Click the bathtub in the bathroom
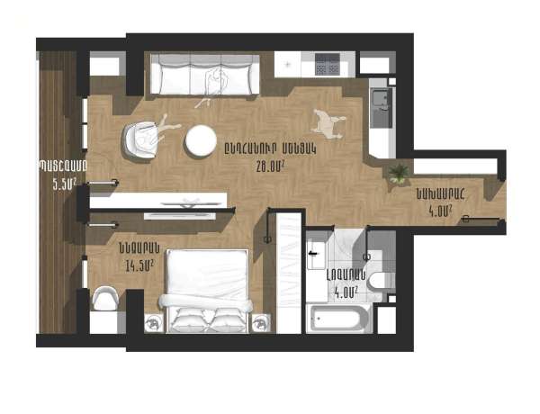coord(337,318)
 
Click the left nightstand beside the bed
coord(154,321)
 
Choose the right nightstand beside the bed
coord(262,321)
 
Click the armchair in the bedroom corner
coord(105,298)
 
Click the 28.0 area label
coord(271,166)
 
